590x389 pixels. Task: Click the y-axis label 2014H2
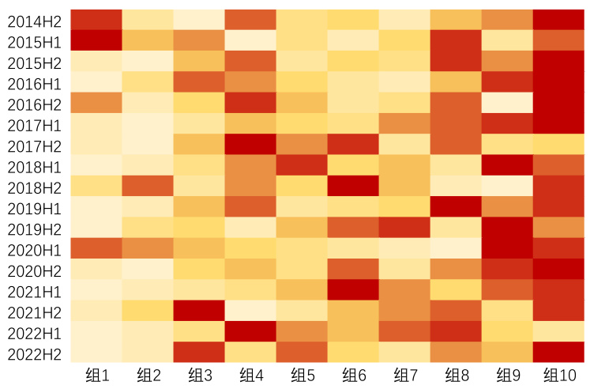pyautogui.click(x=36, y=20)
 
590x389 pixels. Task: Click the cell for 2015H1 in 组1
pyautogui.click(x=96, y=40)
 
